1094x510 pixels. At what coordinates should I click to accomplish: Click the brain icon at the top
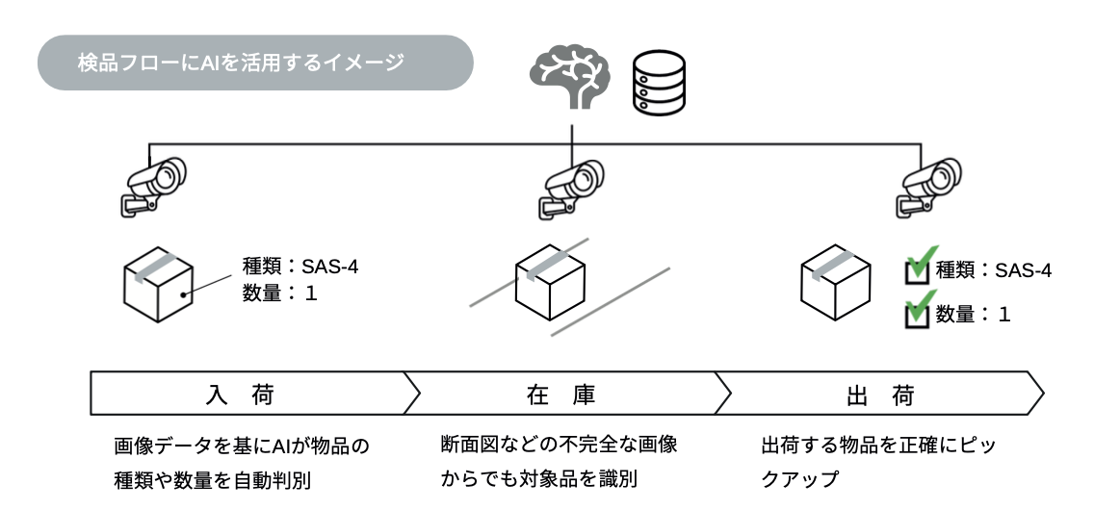[571, 76]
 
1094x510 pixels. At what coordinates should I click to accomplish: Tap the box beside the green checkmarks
[836, 283]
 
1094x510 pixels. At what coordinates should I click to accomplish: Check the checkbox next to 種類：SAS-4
[918, 272]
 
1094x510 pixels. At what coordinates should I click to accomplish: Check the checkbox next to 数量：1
[918, 315]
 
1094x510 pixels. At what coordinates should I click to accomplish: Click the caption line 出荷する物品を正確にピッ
[877, 446]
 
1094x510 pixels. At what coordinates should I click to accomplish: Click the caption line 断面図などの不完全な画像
[559, 446]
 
